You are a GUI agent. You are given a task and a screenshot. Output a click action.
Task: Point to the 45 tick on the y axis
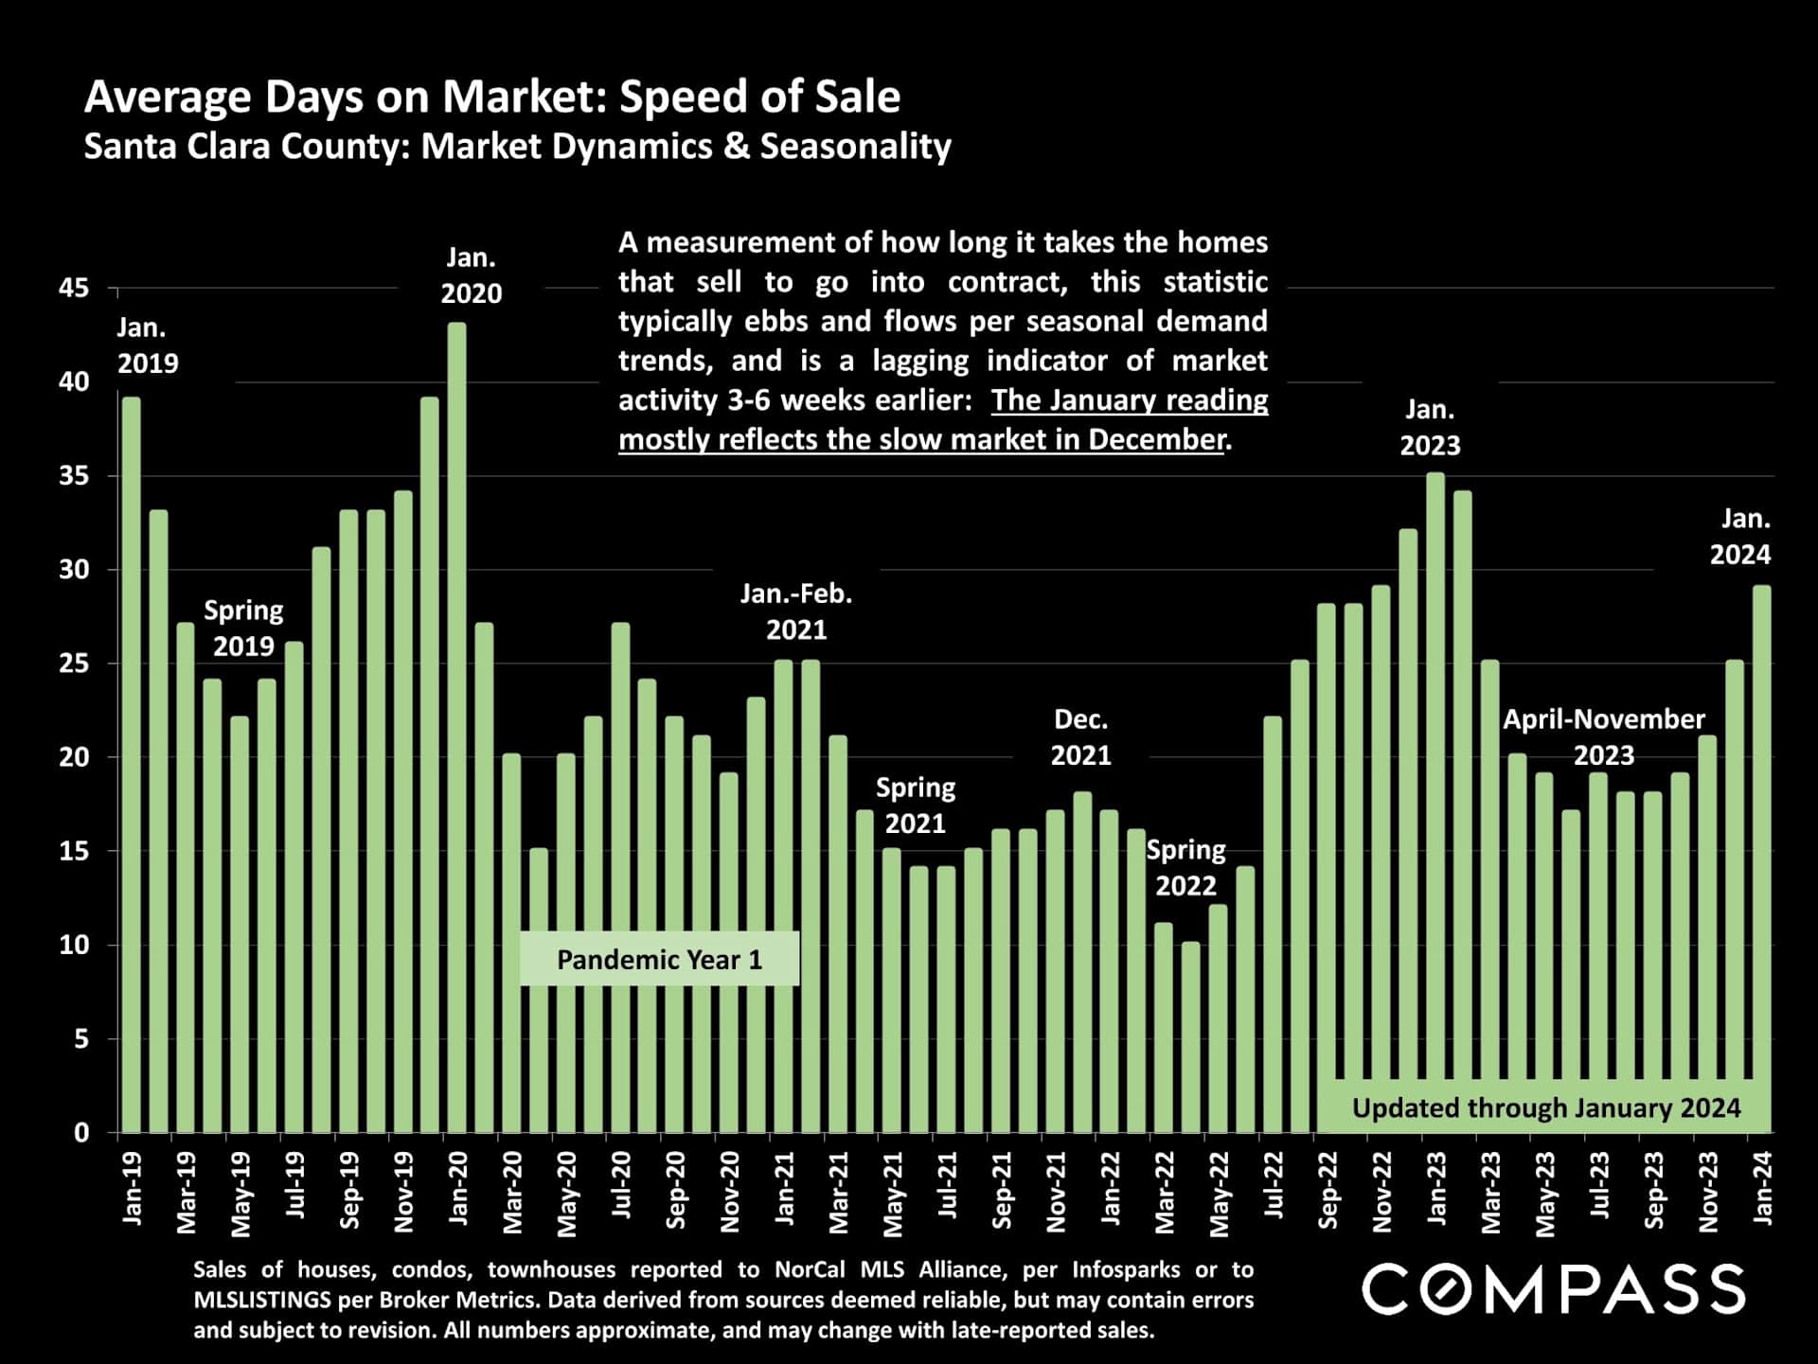click(74, 288)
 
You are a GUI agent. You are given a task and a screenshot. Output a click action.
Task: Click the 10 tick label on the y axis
click(74, 945)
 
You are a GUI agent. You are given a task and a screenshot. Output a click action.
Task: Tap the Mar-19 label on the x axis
click(186, 1193)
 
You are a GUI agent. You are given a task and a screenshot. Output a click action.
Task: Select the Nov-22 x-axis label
click(1381, 1193)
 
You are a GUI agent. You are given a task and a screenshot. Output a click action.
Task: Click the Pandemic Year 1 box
click(659, 959)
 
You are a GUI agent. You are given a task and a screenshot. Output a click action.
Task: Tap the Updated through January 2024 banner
click(1545, 1107)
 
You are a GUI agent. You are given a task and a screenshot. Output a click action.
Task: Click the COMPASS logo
click(1553, 1288)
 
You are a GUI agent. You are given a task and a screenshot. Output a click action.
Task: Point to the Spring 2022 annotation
click(1185, 867)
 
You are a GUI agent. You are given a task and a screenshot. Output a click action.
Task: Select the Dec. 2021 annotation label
click(1080, 737)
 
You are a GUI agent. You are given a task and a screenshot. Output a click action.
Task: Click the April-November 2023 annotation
click(1603, 736)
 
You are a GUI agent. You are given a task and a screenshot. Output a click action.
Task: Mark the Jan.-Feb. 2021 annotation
click(796, 611)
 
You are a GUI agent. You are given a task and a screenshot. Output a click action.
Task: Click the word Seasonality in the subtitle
click(855, 147)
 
